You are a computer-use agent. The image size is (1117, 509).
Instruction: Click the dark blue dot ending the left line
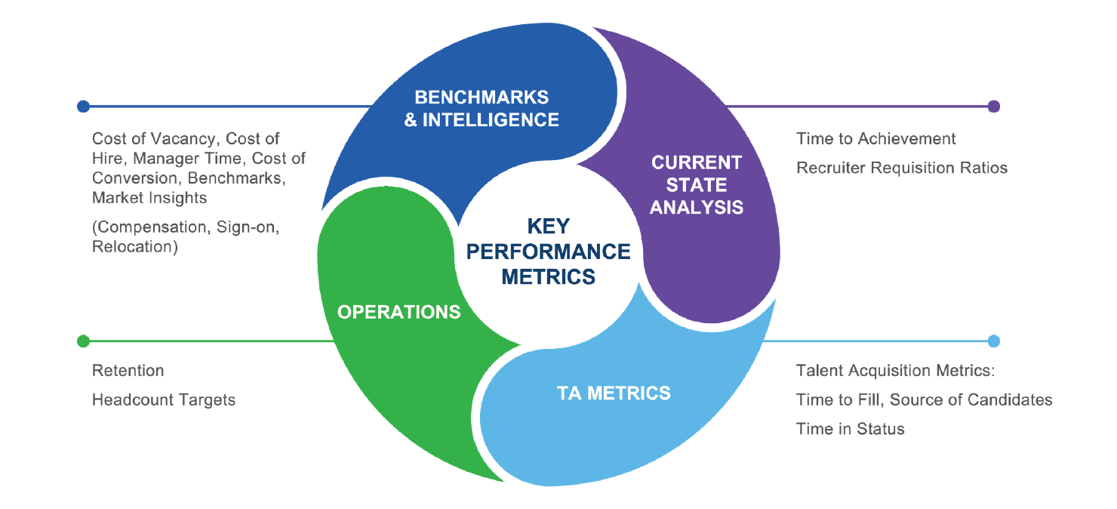(x=83, y=106)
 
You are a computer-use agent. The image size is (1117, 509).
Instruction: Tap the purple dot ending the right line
(x=994, y=106)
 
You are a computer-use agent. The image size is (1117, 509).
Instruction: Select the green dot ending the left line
(x=83, y=341)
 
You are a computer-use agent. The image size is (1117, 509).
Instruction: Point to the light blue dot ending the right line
(x=994, y=341)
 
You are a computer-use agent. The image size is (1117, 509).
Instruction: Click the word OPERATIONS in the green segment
(x=399, y=313)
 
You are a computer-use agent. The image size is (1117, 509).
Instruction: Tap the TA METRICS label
(x=614, y=393)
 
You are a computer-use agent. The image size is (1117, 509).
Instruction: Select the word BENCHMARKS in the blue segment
(x=482, y=97)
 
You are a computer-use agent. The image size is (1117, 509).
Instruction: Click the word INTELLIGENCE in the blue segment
(x=491, y=120)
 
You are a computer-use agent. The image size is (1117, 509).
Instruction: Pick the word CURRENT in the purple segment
(x=697, y=162)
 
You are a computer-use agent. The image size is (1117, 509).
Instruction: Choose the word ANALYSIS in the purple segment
(x=697, y=208)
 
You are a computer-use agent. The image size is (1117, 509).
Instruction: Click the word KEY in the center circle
(x=549, y=227)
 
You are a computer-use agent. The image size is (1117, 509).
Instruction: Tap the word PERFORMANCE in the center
(x=549, y=251)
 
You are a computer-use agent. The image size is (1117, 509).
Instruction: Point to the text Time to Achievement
(x=876, y=139)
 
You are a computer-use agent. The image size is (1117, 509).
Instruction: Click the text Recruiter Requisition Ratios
(x=902, y=168)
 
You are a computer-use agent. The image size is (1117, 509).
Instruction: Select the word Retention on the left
(x=128, y=371)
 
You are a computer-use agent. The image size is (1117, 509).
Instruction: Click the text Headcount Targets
(x=164, y=400)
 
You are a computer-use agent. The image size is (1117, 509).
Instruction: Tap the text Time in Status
(x=851, y=429)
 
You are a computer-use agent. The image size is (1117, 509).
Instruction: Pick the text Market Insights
(x=149, y=198)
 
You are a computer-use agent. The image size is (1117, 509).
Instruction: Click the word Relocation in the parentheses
(x=132, y=246)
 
